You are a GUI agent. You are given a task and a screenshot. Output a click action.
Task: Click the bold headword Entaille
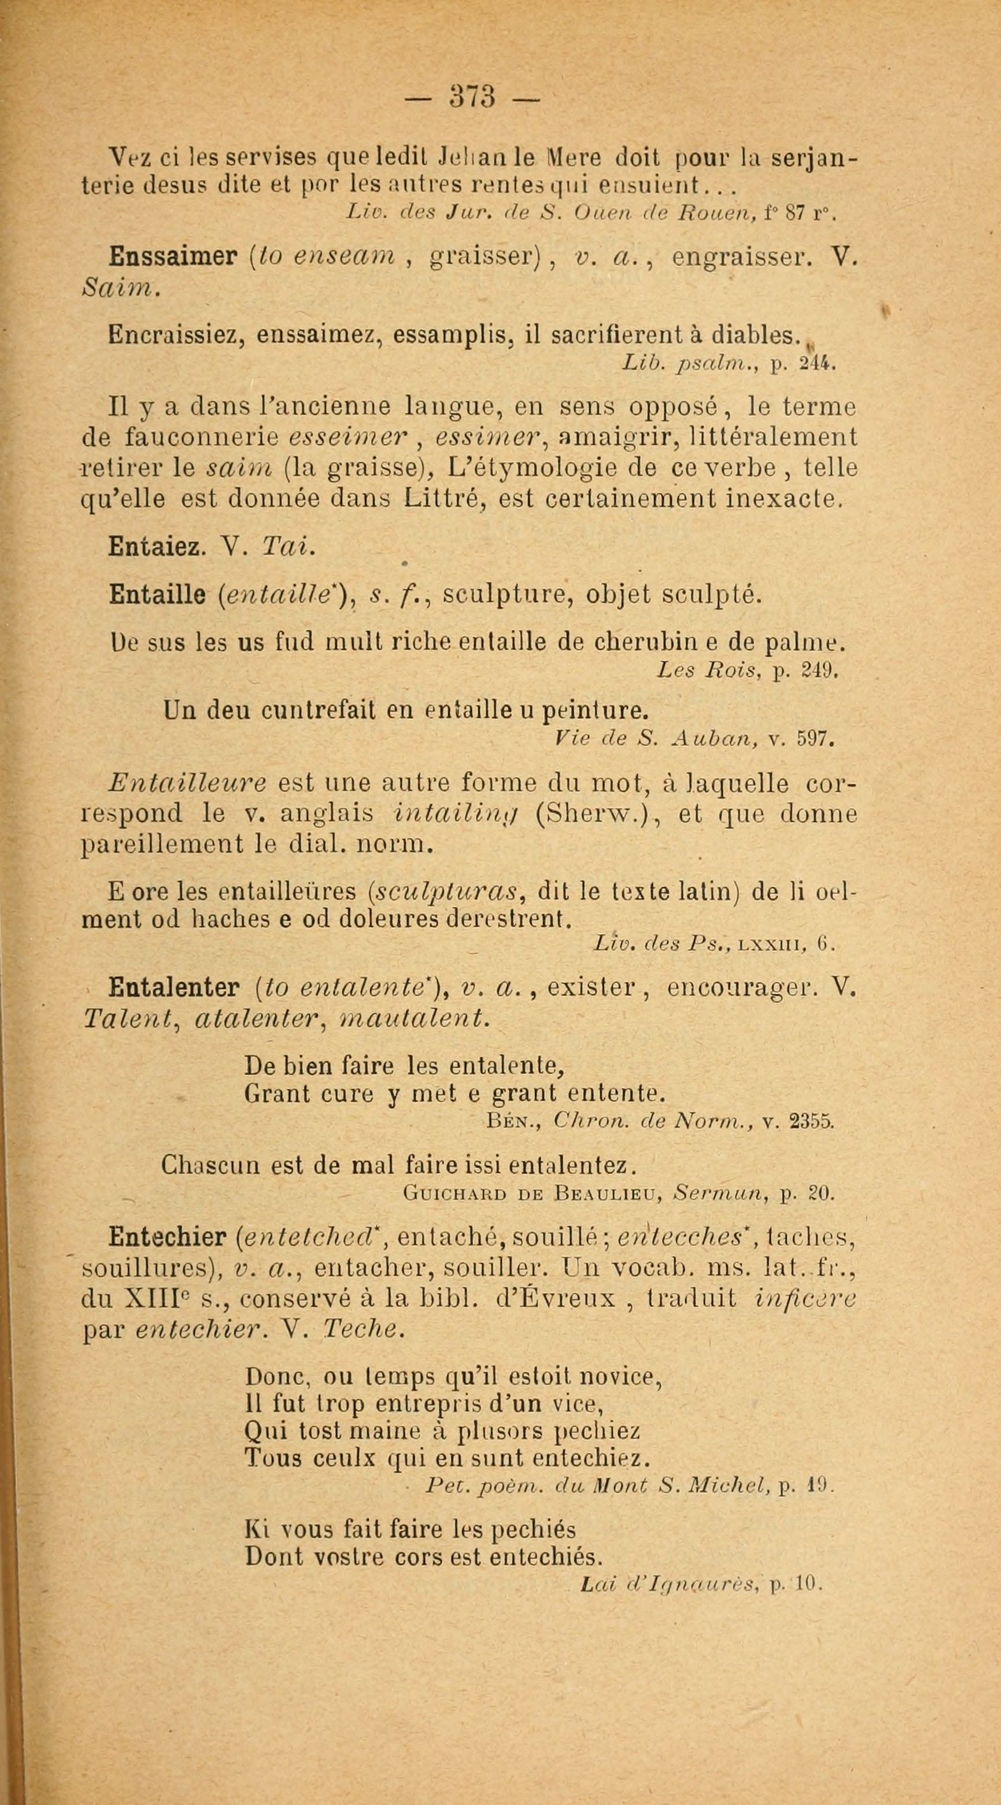click(157, 595)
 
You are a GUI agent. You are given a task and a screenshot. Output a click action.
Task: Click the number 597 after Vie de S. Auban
click(814, 738)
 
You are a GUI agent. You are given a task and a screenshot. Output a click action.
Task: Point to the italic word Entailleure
click(187, 782)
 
